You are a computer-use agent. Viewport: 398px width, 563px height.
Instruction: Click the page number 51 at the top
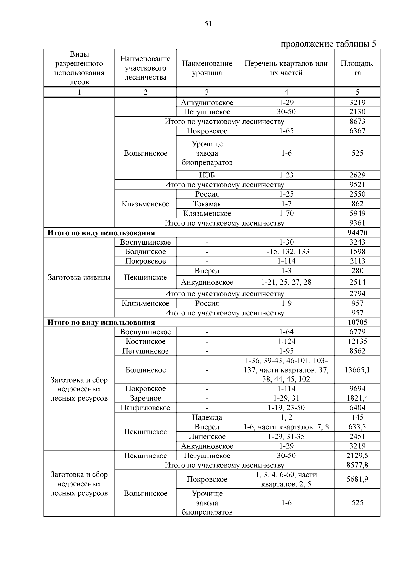click(x=208, y=24)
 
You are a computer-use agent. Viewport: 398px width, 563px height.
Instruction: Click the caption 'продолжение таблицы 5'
click(x=328, y=44)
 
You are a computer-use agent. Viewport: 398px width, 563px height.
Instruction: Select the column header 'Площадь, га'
click(x=357, y=68)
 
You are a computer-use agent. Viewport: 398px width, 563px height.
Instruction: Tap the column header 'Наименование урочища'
click(x=207, y=68)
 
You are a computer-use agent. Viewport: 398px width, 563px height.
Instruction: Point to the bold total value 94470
click(x=357, y=233)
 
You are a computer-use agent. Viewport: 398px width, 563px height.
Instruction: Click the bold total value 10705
click(x=357, y=322)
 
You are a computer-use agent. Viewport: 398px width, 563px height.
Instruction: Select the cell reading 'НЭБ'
click(x=207, y=175)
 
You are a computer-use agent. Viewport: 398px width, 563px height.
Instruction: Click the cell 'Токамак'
click(x=207, y=204)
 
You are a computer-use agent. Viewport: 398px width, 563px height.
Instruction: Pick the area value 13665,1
click(x=357, y=370)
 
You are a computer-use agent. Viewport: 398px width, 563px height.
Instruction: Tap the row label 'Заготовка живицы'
click(x=79, y=277)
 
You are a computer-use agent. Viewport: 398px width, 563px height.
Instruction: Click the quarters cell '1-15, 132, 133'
click(x=286, y=251)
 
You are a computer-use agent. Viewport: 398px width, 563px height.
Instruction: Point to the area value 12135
click(x=357, y=341)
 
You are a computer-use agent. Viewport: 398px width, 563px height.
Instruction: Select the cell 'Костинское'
click(x=145, y=341)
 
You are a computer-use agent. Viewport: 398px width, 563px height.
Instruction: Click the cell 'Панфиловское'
click(x=145, y=408)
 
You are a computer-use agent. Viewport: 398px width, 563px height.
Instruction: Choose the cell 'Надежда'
click(x=207, y=417)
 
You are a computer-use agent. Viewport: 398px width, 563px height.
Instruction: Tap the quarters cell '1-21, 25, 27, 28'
click(x=286, y=282)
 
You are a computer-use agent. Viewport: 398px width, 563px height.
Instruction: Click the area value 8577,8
click(x=357, y=465)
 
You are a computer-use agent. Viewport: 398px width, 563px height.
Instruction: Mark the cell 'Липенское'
click(x=207, y=437)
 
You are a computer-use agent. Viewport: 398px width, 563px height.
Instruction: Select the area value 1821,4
click(x=357, y=398)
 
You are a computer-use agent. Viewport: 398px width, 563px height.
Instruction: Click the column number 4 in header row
click(x=286, y=92)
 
